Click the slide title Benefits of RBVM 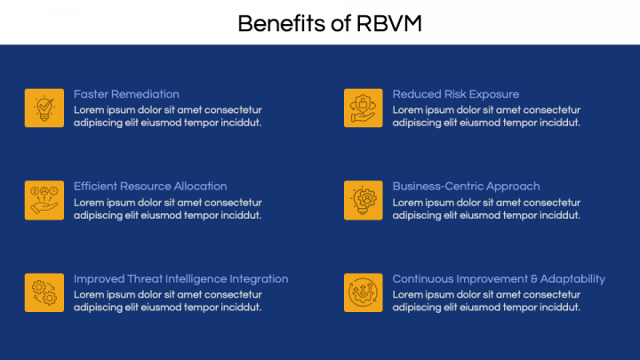coord(330,24)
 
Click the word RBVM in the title coord(389,24)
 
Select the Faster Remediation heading coord(126,94)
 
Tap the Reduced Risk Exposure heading coord(456,94)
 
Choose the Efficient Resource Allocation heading coord(150,187)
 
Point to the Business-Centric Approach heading coord(466,187)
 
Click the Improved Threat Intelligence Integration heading coord(180,279)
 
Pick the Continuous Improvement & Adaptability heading coord(499,279)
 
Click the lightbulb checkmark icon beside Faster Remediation coord(44,108)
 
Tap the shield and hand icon coord(364,108)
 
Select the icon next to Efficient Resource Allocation coord(44,200)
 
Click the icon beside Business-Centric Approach coord(364,200)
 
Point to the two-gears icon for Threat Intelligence coord(44,292)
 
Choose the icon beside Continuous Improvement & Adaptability coord(364,292)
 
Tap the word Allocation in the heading coord(200,187)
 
